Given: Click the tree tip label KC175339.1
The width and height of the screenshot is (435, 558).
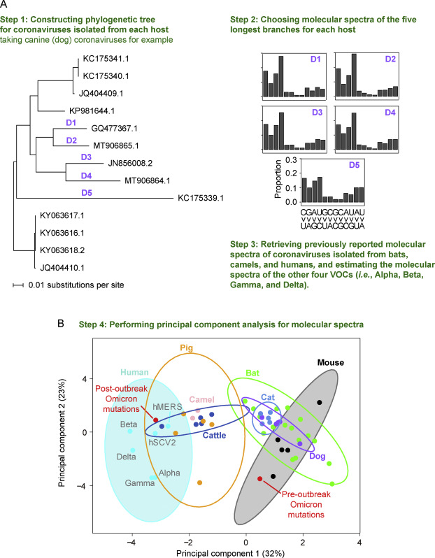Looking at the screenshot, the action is (x=201, y=198).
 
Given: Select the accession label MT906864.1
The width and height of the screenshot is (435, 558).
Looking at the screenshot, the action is (x=148, y=181).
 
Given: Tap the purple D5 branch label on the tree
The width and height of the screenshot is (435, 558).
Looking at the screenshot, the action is (x=87, y=192).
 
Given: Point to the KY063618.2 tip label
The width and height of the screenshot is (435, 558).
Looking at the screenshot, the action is (x=62, y=250).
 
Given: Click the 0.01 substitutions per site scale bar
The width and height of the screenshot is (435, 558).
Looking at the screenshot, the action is (x=18, y=285).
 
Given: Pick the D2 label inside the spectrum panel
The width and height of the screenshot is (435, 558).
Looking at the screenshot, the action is (x=390, y=59).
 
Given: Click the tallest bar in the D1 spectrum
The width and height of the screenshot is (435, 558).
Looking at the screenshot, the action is (x=281, y=76).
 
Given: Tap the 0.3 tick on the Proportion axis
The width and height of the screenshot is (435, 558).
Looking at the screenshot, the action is (x=291, y=160).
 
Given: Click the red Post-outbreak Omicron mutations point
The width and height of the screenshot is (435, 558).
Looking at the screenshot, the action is (x=155, y=420).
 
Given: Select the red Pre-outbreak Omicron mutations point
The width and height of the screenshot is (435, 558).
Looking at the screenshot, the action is (x=260, y=479).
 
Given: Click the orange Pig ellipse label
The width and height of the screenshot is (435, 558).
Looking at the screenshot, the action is (x=187, y=348).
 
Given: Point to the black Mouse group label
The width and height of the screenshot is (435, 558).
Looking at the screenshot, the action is (x=331, y=363).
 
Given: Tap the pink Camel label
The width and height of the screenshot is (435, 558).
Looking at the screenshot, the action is (x=202, y=400).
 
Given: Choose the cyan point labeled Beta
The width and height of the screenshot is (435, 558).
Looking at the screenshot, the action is (x=130, y=431).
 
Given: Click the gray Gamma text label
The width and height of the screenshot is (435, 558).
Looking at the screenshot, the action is (x=140, y=483).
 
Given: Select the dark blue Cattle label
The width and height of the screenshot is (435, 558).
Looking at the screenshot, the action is (x=214, y=435).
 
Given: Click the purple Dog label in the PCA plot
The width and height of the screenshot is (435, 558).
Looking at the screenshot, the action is (x=318, y=456).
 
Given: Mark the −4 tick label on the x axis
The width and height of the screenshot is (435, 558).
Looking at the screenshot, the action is (x=131, y=543).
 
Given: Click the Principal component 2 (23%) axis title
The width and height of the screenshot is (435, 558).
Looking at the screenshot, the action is (x=62, y=433).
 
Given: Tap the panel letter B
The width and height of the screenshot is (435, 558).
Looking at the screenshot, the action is (x=61, y=323).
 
